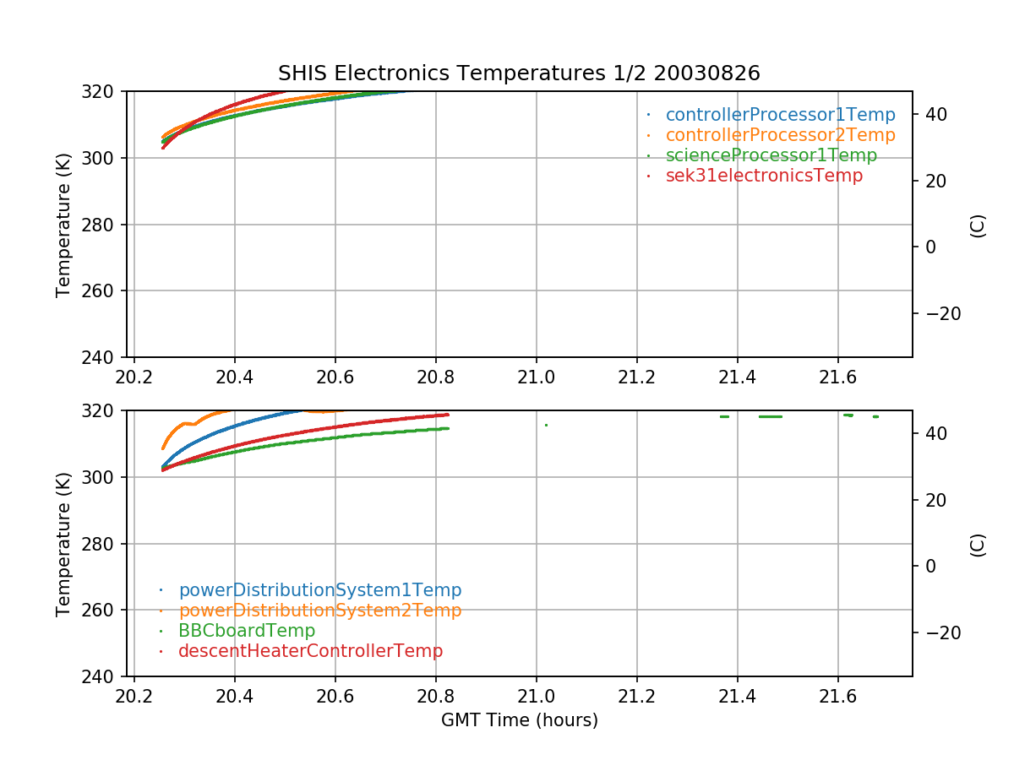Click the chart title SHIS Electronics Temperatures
click(x=519, y=73)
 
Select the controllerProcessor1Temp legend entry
click(x=780, y=115)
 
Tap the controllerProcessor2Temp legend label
click(x=780, y=135)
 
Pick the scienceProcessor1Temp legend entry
click(x=771, y=155)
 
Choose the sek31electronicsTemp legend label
click(x=764, y=176)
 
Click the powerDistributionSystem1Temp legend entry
click(x=319, y=590)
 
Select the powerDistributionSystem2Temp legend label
click(x=319, y=611)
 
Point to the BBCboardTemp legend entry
click(x=246, y=631)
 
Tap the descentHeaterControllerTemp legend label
click(x=310, y=651)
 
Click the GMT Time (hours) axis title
click(x=519, y=720)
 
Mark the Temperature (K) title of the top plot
click(x=64, y=225)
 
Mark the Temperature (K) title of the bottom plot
click(x=64, y=544)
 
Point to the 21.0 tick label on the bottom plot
click(x=536, y=695)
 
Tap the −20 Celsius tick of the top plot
click(x=940, y=313)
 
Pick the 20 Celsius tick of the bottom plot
click(x=947, y=500)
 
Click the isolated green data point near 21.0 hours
click(x=546, y=425)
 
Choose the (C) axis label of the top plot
click(x=978, y=225)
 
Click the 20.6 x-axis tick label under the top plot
click(x=335, y=376)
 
